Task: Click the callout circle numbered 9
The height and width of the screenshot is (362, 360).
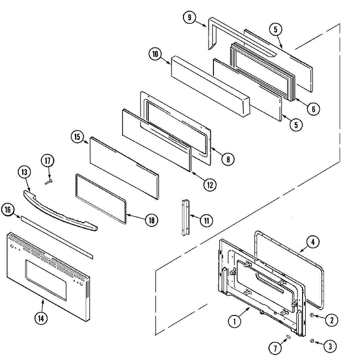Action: click(189, 17)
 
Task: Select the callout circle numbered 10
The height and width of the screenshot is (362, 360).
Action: click(155, 54)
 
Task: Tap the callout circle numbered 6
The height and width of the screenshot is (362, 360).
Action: click(313, 109)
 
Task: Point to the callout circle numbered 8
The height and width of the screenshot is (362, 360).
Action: click(228, 159)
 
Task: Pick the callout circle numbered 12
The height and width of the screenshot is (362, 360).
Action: click(209, 185)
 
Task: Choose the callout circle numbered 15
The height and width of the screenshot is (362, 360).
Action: click(77, 137)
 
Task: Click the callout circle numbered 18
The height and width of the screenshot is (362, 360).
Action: click(151, 220)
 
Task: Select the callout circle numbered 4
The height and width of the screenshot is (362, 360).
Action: click(313, 242)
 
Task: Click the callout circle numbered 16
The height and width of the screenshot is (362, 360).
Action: click(7, 210)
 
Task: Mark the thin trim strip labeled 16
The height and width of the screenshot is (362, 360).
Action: click(57, 236)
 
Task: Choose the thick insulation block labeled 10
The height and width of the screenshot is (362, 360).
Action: click(210, 87)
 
